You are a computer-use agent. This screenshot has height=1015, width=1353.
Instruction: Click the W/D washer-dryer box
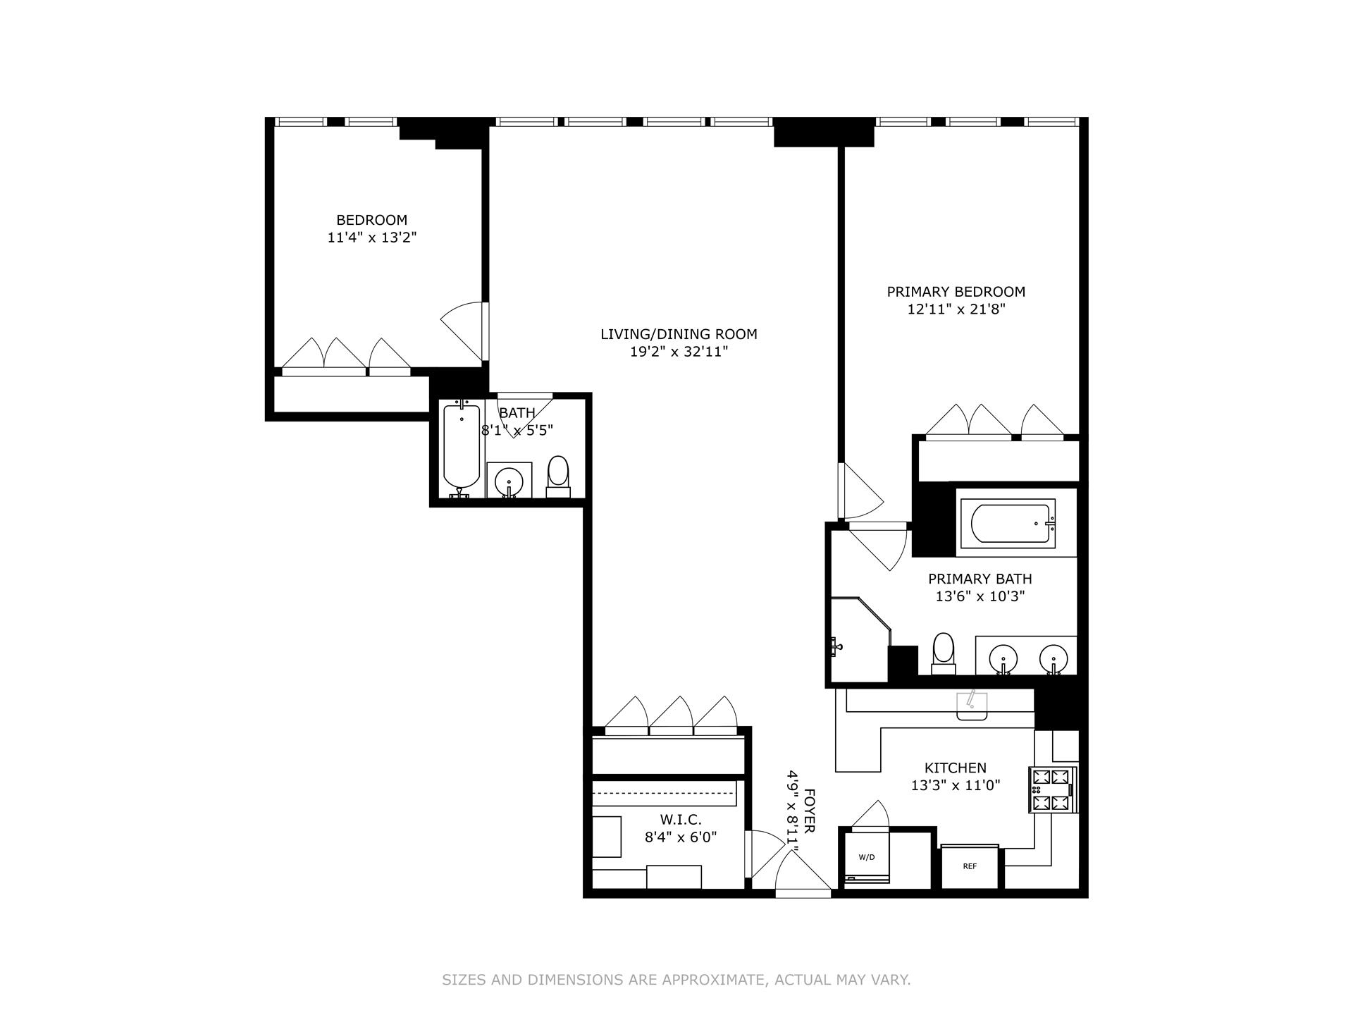(x=867, y=858)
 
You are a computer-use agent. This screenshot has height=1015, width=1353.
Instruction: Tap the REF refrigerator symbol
(x=970, y=866)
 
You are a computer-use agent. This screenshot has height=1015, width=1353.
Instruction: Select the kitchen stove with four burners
(x=1052, y=789)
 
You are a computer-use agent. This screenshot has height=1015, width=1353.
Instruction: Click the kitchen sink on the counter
(x=972, y=706)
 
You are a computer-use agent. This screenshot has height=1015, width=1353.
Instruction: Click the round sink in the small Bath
(x=508, y=482)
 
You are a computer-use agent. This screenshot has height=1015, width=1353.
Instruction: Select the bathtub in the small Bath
(x=462, y=448)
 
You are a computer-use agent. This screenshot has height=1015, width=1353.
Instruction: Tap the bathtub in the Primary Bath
(x=1012, y=524)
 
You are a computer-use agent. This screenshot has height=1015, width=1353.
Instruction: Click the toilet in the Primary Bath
(x=943, y=653)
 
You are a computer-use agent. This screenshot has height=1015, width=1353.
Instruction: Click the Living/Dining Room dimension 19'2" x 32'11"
(x=679, y=352)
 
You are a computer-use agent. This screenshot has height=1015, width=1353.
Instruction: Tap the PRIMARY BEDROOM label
(x=956, y=292)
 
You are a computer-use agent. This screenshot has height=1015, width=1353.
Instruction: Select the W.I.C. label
(x=680, y=820)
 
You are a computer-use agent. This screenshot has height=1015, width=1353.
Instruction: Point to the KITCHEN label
(x=955, y=768)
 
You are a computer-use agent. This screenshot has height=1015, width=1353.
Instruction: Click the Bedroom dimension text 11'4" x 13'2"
(x=372, y=238)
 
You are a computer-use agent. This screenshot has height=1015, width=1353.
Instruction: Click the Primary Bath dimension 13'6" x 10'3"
(x=980, y=596)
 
